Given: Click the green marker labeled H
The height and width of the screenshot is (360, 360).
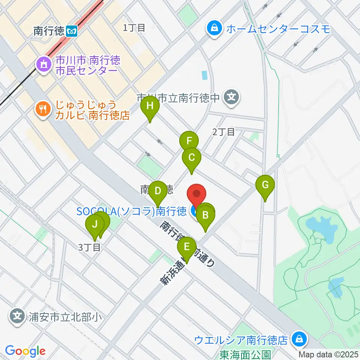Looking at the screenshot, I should (150, 106).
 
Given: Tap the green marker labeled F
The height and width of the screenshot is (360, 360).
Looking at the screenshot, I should (189, 141).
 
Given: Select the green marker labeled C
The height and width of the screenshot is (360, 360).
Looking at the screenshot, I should (191, 157).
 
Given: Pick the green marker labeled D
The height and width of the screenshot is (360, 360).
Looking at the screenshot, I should (158, 190).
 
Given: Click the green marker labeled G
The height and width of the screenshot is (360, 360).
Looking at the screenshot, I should (265, 185).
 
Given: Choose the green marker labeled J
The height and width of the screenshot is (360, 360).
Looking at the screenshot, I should (95, 225).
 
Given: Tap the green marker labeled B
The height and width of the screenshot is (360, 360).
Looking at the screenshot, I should (205, 215).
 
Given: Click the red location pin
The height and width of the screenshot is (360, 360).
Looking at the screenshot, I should (197, 194).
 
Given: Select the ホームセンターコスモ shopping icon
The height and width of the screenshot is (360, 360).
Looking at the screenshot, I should (214, 28).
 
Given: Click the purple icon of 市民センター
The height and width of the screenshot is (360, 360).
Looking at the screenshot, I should (42, 65).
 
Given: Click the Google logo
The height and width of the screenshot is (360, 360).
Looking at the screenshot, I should (25, 351).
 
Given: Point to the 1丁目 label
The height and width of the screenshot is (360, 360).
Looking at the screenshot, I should (134, 27).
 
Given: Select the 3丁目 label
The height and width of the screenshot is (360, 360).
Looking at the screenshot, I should (89, 247).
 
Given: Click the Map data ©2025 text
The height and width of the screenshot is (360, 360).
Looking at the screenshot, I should (328, 354).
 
